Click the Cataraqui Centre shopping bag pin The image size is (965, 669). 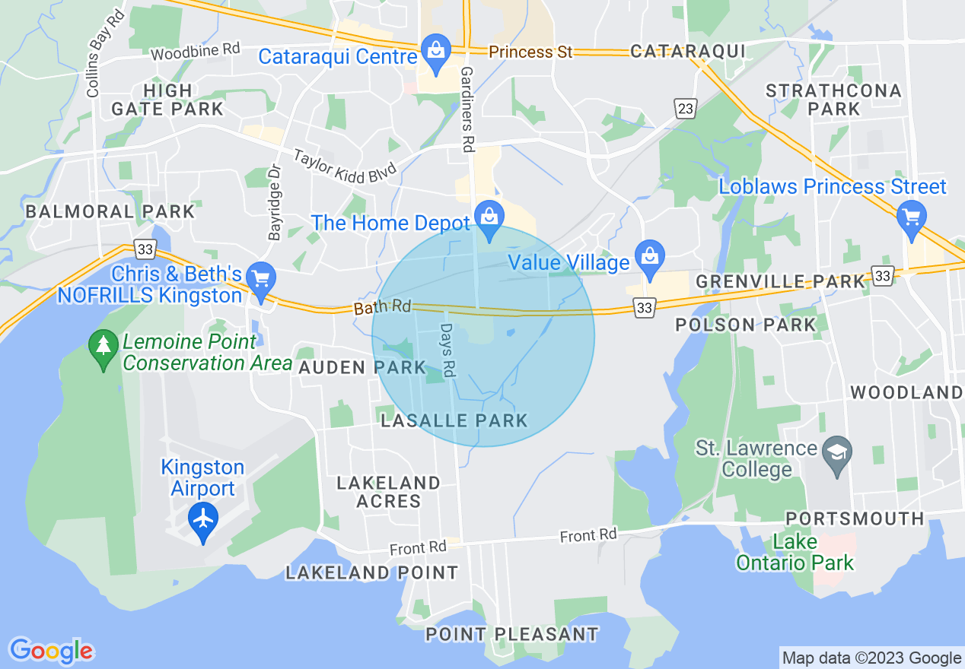(x=435, y=52)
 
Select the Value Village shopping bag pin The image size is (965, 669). (x=649, y=258)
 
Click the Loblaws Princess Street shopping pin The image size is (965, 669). (x=911, y=218)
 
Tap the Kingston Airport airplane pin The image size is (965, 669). (x=203, y=520)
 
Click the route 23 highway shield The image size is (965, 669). (x=686, y=109)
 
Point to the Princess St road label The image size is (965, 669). (x=530, y=52)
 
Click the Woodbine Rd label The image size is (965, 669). (x=195, y=52)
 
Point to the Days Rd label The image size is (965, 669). (x=447, y=350)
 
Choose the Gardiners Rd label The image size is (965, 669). (x=467, y=108)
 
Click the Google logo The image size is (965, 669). (x=51, y=651)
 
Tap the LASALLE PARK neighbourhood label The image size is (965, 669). (x=454, y=420)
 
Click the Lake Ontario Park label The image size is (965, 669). (x=794, y=553)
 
